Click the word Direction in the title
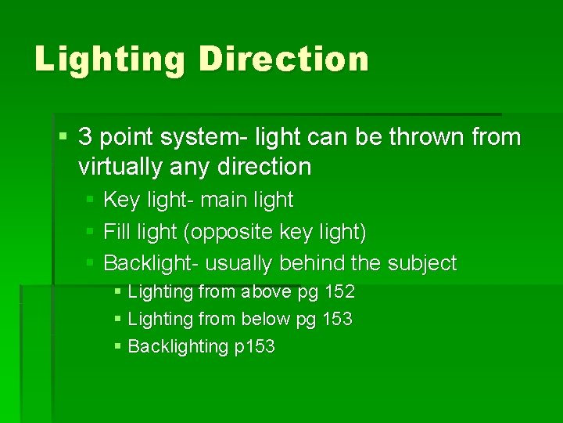285,59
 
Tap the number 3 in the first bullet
86,137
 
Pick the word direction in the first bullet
265,166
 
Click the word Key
120,201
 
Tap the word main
227,200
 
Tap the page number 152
339,292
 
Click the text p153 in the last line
255,347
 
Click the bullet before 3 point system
63,138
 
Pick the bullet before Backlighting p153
117,346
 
